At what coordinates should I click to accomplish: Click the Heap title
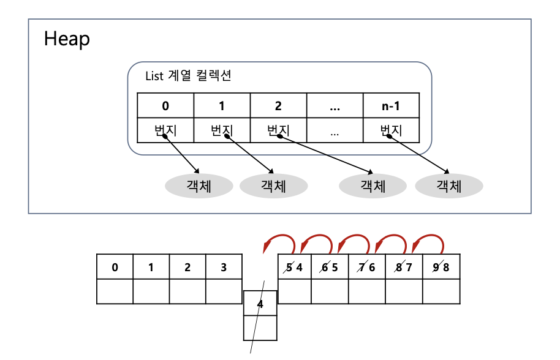coord(67,39)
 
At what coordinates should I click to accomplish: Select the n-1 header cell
coord(391,105)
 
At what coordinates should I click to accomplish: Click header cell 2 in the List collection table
coord(278,105)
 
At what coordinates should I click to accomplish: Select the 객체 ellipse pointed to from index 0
coord(199,186)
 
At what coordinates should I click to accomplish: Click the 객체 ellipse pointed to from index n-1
coord(448,186)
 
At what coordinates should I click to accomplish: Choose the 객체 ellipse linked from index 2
coord(373,186)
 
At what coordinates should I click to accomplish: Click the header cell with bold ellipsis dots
coord(335,105)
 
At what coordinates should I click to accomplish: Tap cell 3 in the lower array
coord(224,268)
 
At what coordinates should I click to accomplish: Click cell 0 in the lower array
coord(115,268)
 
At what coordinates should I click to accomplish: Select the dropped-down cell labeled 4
coord(260,304)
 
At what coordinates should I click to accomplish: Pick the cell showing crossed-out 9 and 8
coord(441,267)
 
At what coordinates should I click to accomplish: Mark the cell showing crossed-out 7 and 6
coord(368,267)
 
